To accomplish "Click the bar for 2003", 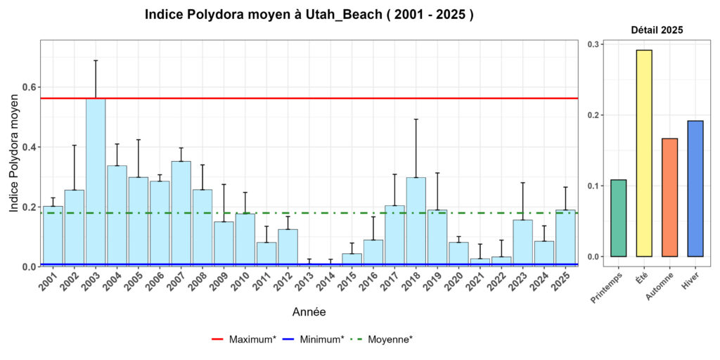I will click(x=96, y=183).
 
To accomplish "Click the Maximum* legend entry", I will click(x=243, y=340).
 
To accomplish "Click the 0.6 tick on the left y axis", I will click(x=30, y=87).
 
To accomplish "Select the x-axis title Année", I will click(x=309, y=311).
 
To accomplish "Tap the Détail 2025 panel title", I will click(x=657, y=30).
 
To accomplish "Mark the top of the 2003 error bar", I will click(x=96, y=60).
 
